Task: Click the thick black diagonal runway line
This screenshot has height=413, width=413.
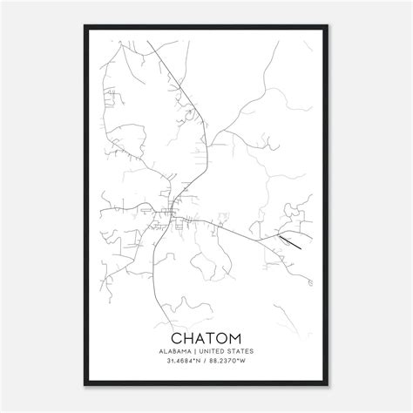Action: click(290, 241)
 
